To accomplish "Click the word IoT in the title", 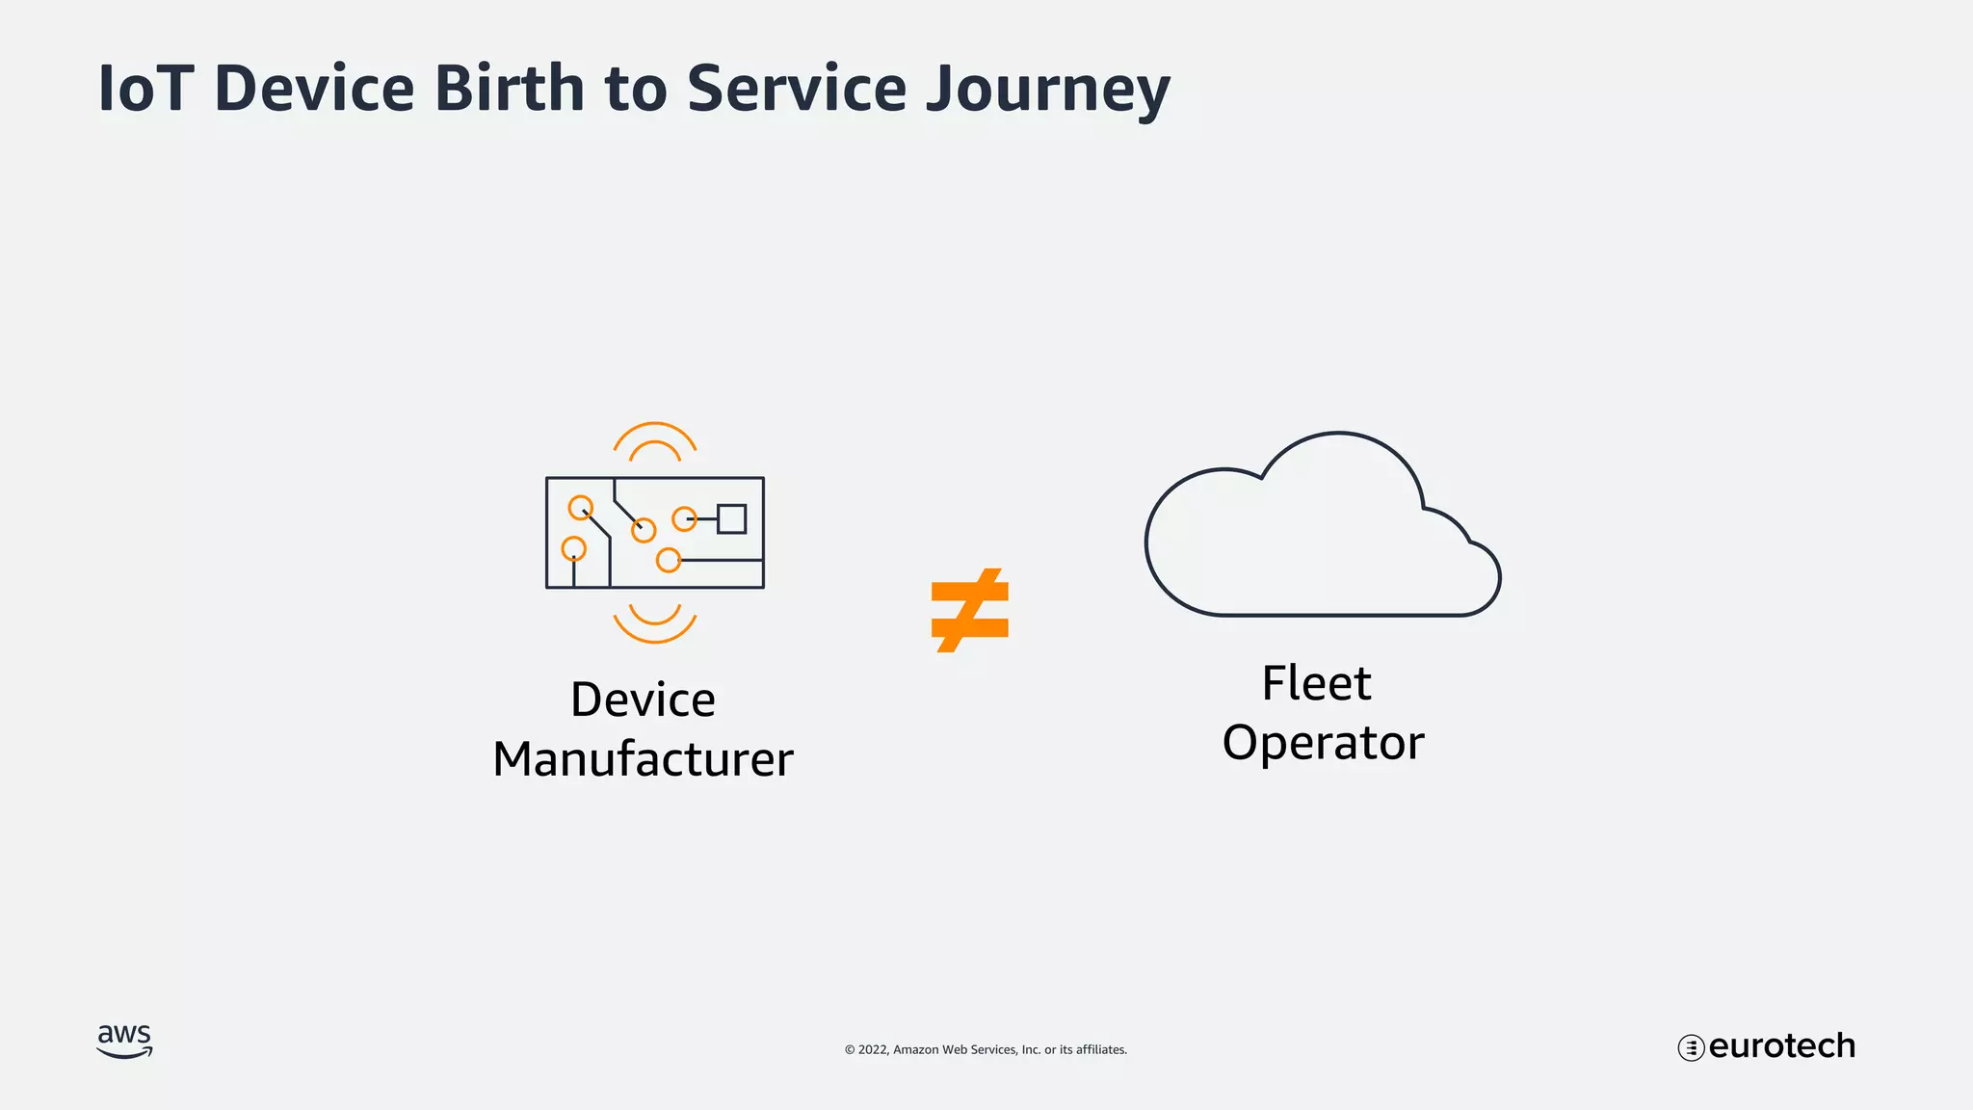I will pyautogui.click(x=146, y=89).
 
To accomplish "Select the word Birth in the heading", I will pyautogui.click(x=510, y=89).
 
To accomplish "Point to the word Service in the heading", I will pyautogui.click(x=796, y=89).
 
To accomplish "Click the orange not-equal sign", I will pyautogui.click(x=970, y=610).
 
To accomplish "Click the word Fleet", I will pyautogui.click(x=1316, y=683).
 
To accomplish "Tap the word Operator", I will pyautogui.click(x=1323, y=743).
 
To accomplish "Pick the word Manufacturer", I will pyautogui.click(x=643, y=759).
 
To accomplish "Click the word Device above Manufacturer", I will pyautogui.click(x=643, y=700).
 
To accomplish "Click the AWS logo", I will pyautogui.click(x=124, y=1042).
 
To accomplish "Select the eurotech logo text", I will pyautogui.click(x=1781, y=1046).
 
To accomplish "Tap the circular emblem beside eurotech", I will pyautogui.click(x=1691, y=1047).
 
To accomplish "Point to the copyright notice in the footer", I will pyautogui.click(x=986, y=1049).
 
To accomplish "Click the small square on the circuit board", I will pyautogui.click(x=731, y=518).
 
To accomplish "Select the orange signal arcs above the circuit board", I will pyautogui.click(x=655, y=440).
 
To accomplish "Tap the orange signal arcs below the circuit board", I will pyautogui.click(x=655, y=623).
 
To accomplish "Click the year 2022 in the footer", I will pyautogui.click(x=873, y=1049).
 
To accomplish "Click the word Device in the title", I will pyautogui.click(x=314, y=89).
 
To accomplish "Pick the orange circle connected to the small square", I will pyautogui.click(x=684, y=518).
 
